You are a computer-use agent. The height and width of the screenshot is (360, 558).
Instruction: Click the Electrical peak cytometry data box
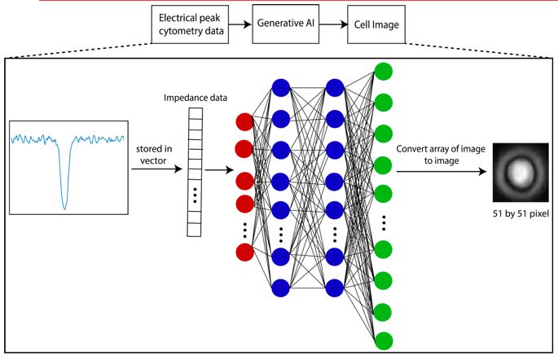189,24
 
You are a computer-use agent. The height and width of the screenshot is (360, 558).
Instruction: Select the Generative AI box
285,24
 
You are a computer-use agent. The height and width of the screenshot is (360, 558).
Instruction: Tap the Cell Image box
377,24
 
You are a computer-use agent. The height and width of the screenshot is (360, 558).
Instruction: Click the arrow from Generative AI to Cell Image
334,24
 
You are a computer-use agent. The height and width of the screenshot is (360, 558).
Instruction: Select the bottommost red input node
244,252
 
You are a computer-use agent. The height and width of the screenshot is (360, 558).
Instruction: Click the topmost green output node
383,72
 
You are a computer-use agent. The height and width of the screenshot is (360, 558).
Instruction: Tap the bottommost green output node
383,340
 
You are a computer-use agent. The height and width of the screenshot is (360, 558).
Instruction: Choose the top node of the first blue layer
281,88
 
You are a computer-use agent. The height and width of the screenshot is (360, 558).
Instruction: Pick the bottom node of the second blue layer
334,288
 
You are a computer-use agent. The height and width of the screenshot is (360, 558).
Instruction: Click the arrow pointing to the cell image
443,171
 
